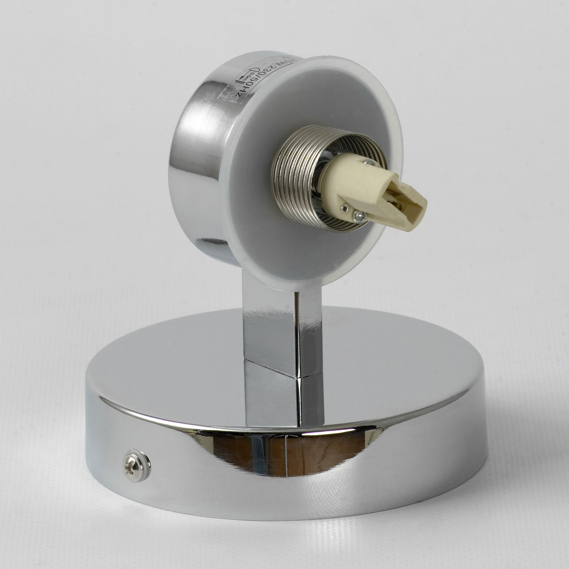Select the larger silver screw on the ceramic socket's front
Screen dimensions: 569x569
[x=359, y=216]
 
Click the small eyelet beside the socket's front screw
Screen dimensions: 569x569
[x=345, y=208]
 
